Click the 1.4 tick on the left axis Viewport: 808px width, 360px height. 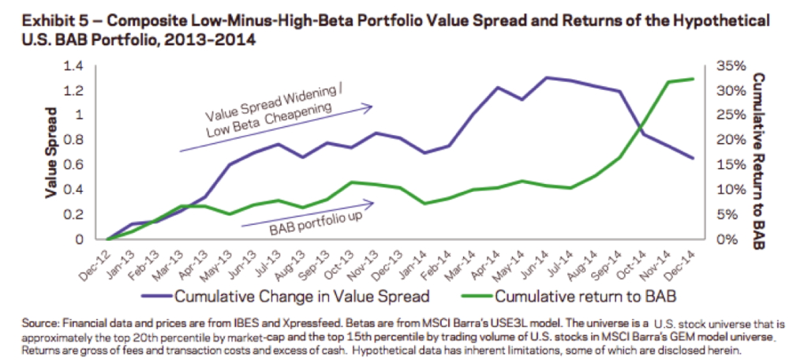tap(84, 66)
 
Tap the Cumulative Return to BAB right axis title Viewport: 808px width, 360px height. tap(759, 152)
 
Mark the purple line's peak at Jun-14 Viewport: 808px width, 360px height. tap(547, 77)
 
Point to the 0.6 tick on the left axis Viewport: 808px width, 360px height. tap(84, 164)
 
